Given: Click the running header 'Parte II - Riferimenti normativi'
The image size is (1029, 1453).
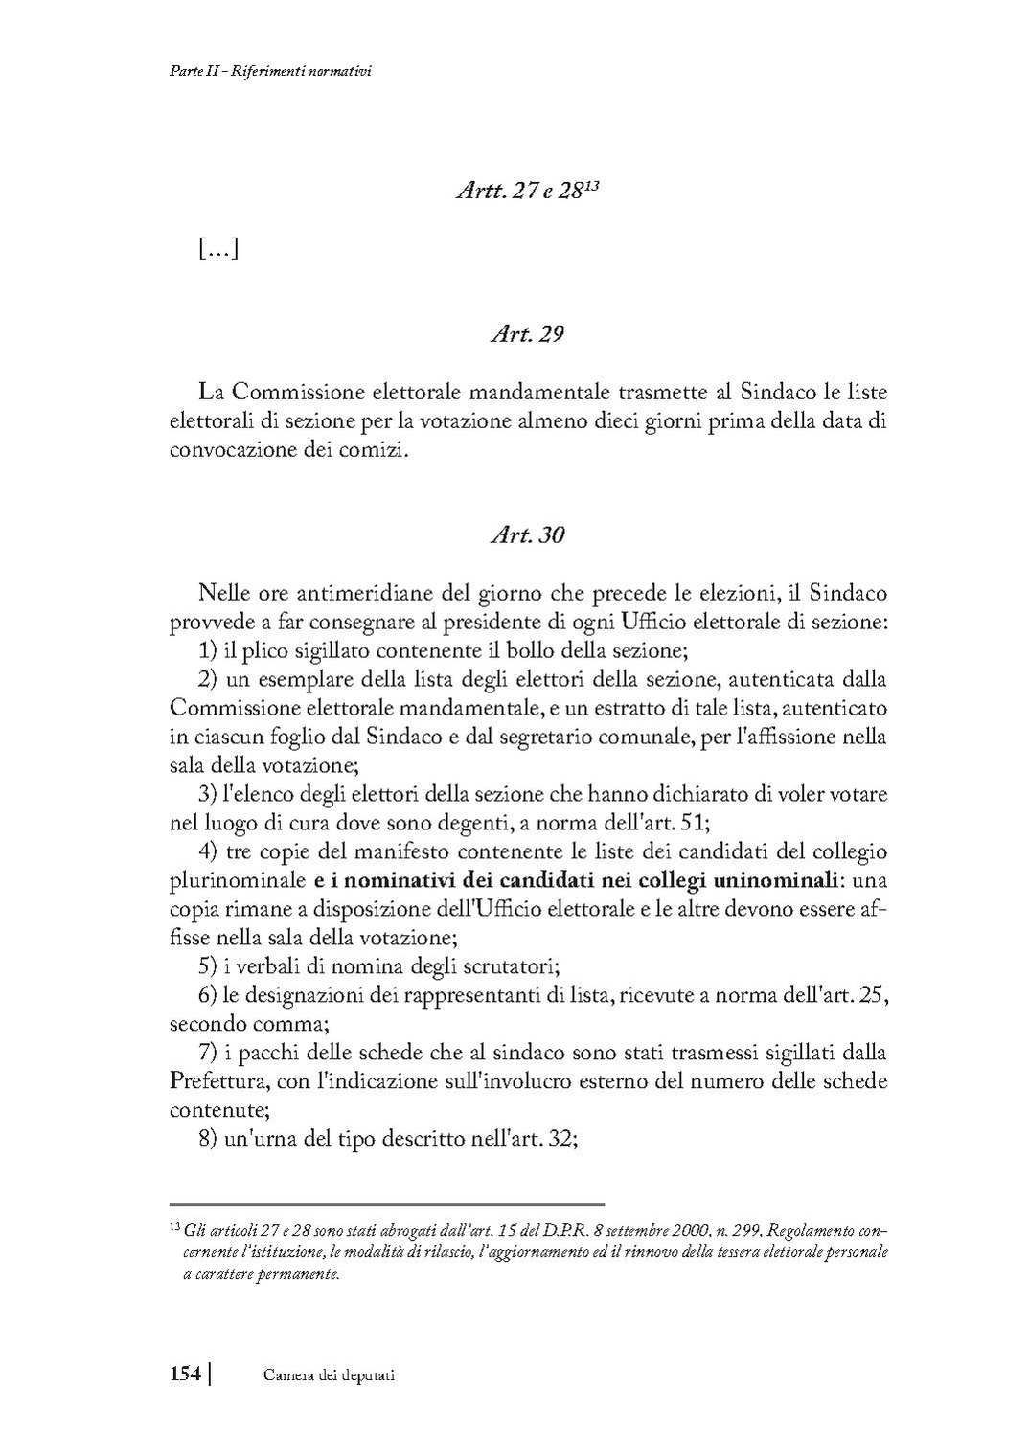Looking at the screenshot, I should click(x=263, y=71).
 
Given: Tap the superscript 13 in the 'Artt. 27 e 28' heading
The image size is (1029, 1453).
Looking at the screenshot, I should click(x=592, y=184).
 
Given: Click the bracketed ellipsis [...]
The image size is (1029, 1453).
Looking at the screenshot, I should click(x=218, y=249).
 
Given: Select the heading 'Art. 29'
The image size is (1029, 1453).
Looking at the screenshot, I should click(x=527, y=334).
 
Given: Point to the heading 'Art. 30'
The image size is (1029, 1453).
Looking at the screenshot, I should click(x=527, y=534).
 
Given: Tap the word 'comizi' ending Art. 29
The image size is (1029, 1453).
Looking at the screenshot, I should click(x=378, y=449).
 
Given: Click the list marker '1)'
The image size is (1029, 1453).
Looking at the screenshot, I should click(x=208, y=650).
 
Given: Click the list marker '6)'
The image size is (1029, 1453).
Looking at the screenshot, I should click(x=208, y=994).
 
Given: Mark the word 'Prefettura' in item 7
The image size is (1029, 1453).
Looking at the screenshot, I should click(x=217, y=1081).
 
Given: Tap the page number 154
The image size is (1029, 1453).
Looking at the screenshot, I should click(x=184, y=1374).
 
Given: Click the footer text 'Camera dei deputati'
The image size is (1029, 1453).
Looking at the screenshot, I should click(x=330, y=1375).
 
